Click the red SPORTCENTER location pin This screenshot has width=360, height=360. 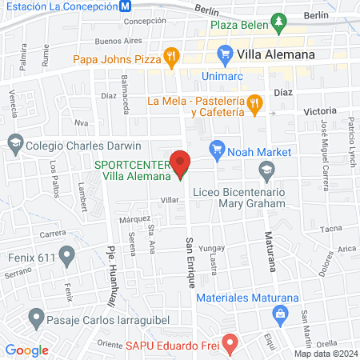(182, 163)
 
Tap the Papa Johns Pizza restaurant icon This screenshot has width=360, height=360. (170, 57)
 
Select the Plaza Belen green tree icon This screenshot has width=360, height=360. (278, 24)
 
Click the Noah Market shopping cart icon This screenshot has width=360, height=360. (215, 148)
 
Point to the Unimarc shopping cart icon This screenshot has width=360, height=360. (225, 55)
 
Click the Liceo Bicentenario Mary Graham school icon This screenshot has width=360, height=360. (266, 170)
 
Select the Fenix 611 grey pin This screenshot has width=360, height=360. (66, 258)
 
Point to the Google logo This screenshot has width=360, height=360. (26, 350)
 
